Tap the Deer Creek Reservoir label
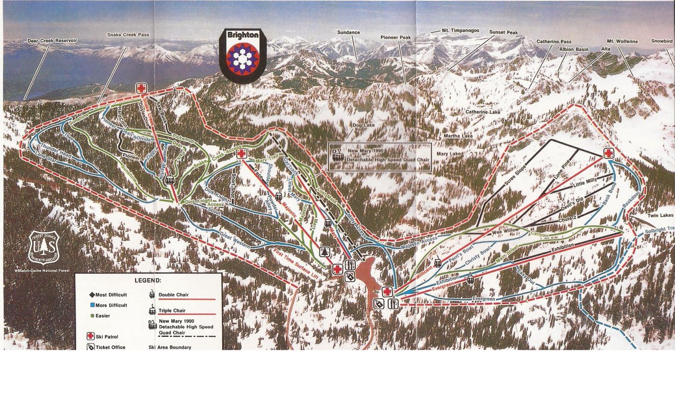click(52, 41)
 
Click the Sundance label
click(348, 32)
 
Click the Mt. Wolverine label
click(622, 41)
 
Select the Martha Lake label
click(457, 136)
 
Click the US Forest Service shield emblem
click(43, 247)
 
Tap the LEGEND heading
click(147, 279)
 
